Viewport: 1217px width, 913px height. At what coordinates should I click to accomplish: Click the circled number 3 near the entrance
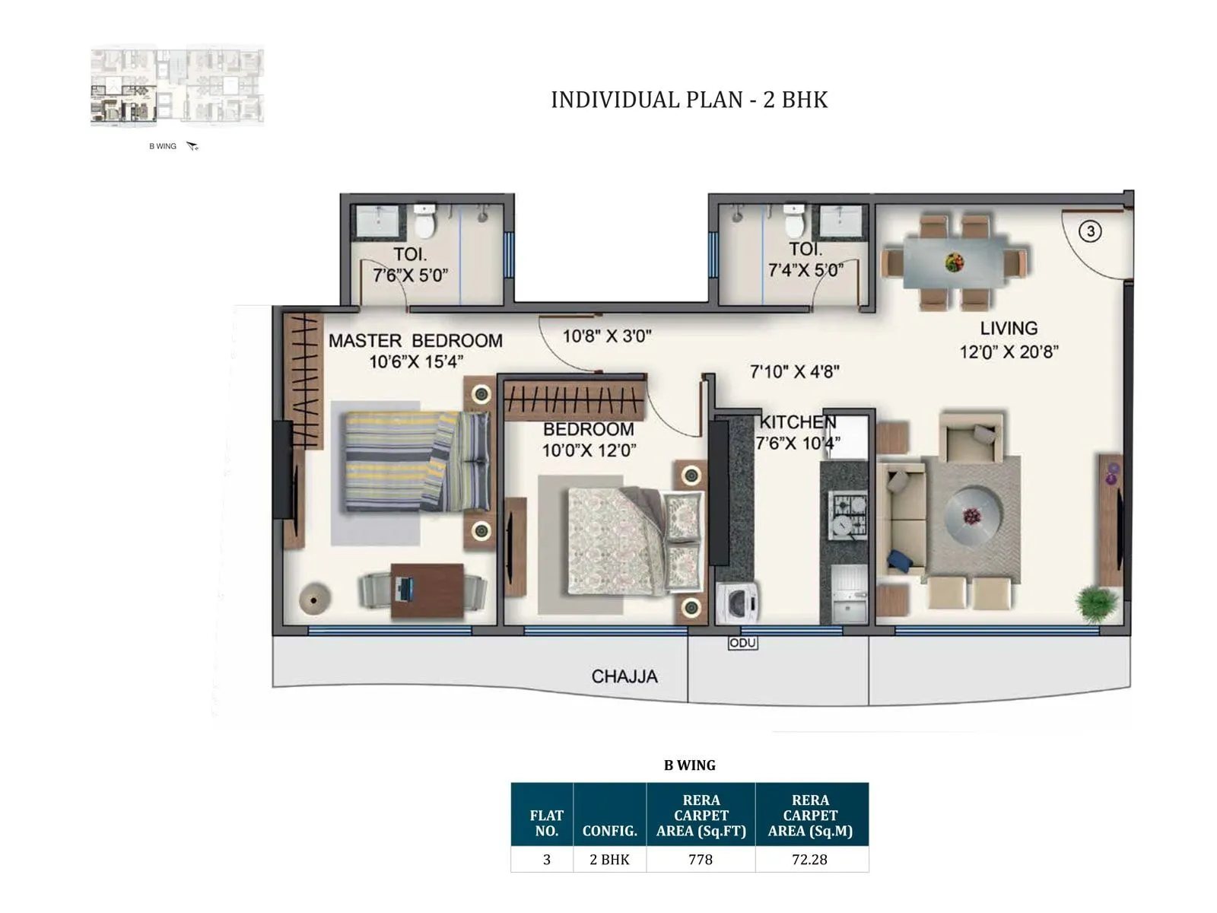pos(1090,231)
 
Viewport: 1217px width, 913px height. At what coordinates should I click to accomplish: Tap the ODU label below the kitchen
pos(742,643)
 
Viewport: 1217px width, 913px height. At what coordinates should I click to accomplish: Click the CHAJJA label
pos(624,676)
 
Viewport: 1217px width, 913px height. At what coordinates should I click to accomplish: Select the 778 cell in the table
pos(701,859)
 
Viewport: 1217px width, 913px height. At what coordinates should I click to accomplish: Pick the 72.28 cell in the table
pos(810,859)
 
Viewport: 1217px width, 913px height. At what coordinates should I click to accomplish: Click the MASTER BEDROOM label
pos(415,341)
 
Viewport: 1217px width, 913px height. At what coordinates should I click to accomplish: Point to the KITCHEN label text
pos(798,422)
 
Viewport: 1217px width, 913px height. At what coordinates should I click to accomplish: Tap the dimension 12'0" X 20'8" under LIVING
pos(1009,352)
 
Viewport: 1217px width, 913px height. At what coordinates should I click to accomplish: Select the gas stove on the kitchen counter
pos(847,515)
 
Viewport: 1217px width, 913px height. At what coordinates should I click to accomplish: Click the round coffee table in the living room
pos(973,515)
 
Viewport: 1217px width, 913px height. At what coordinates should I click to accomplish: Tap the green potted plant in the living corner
pos(1096,603)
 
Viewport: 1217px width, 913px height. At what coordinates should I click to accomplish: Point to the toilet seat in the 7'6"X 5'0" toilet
pos(423,223)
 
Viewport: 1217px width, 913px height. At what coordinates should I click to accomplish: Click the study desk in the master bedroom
pos(427,590)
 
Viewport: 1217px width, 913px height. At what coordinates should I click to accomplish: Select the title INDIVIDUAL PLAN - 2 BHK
pos(688,100)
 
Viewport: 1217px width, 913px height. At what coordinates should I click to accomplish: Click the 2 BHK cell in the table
pos(609,859)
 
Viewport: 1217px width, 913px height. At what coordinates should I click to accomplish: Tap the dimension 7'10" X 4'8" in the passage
pos(794,371)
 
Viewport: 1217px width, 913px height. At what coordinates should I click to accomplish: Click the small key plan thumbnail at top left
pos(177,85)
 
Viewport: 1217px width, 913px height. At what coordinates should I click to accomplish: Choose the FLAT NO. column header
pos(546,822)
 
